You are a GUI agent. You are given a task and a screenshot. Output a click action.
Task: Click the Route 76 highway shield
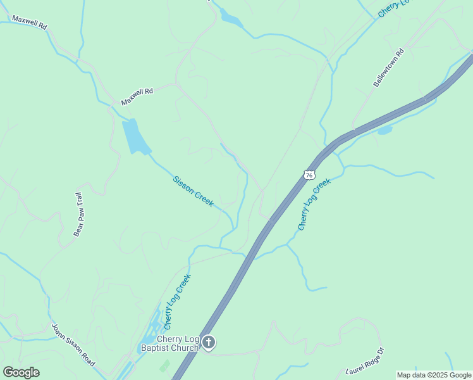(309, 175)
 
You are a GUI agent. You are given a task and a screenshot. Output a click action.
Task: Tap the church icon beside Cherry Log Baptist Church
(209, 343)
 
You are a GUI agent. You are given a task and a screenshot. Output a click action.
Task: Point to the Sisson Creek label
(193, 191)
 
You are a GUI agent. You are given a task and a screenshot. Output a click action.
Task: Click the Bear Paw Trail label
(79, 214)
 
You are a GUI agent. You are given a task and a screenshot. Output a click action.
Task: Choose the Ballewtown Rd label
(388, 68)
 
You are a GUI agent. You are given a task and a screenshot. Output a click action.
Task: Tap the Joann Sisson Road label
(73, 345)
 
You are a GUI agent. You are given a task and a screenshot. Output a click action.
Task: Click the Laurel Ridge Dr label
(365, 360)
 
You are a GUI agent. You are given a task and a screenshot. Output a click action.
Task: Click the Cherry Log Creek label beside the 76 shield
(314, 204)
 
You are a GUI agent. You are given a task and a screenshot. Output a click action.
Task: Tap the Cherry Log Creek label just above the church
(177, 301)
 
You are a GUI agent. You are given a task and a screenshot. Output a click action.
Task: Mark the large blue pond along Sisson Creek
(135, 136)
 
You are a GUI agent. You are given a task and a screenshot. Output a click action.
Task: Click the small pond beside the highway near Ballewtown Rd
(384, 131)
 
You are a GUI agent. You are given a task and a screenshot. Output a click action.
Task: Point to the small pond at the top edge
(231, 19)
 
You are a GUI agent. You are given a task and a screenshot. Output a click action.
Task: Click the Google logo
(21, 372)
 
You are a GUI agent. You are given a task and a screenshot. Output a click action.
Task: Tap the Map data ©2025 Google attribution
(434, 375)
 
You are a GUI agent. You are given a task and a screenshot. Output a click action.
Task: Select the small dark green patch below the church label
(164, 365)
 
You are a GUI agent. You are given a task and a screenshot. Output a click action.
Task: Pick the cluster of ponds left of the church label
(149, 336)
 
